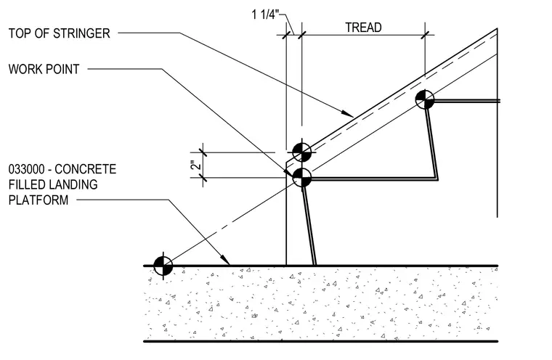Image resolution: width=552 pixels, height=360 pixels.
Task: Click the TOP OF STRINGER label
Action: (59, 33)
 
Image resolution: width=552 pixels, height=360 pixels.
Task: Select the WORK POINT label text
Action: (44, 69)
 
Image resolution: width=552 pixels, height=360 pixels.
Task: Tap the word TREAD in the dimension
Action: (363, 28)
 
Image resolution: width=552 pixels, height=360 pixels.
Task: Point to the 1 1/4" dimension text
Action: (265, 15)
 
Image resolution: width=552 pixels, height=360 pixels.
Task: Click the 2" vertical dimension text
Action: (197, 165)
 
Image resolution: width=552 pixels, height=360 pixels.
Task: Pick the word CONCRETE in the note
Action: (86, 169)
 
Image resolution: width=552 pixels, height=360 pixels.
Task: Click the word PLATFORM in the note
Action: (38, 200)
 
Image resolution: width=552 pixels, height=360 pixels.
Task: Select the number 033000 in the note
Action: (26, 169)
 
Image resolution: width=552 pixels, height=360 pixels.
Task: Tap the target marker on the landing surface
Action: (163, 266)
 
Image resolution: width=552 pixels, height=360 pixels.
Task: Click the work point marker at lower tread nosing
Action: (301, 178)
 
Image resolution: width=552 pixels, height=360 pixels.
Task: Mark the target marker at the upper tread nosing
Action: (425, 100)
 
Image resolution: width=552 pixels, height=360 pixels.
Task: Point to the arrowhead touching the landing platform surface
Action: (226, 261)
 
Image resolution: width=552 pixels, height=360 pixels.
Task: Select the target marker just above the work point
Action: (301, 152)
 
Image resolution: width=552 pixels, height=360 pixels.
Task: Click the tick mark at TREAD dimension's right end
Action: (425, 35)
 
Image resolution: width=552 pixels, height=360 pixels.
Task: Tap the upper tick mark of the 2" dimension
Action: (203, 152)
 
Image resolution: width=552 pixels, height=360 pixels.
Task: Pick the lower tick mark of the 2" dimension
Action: (203, 178)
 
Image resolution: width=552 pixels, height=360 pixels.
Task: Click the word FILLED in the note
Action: (26, 185)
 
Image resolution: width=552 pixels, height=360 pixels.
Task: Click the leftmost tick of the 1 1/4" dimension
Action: (286, 35)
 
